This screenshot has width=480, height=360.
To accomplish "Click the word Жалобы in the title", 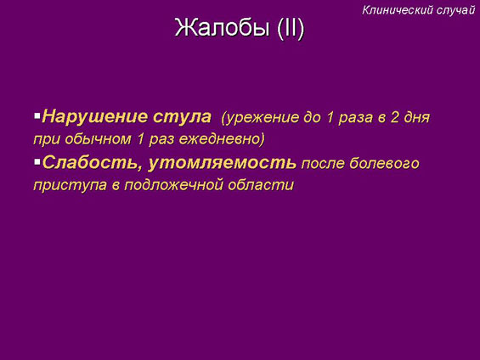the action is coord(223,27).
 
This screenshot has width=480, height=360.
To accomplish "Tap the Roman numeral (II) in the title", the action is coord(291,28).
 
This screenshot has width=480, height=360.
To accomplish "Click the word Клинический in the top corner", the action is coord(398,10).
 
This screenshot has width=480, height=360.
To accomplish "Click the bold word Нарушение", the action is coord(95,117).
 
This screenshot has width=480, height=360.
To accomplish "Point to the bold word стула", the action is coord(182,117).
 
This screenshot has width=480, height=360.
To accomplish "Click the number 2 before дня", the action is coord(394,117).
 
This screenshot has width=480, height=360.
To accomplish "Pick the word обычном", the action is coord(98,140).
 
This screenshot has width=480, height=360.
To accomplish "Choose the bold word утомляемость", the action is coord(223,163).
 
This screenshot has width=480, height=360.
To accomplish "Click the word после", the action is coord(323,164).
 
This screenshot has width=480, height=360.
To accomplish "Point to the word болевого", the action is coord(385,163).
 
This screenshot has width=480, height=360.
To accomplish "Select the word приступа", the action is coord(71,186).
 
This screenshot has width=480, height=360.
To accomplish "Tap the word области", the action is coord(261,185).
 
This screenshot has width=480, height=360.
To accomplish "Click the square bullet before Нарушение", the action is coord(37,116).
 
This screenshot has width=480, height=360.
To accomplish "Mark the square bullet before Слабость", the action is coord(37,162).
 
